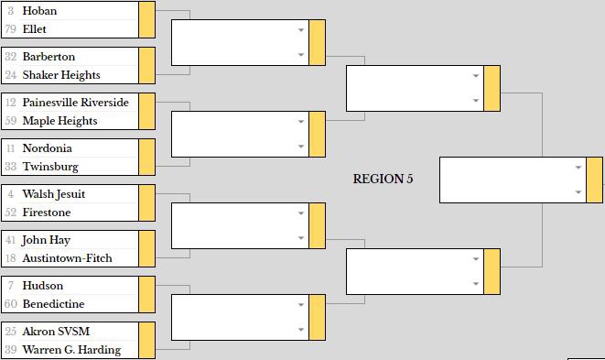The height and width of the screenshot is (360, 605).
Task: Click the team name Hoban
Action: click(39, 11)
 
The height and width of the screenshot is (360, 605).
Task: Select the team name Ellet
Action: click(35, 29)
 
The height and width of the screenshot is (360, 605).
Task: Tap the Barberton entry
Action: click(49, 57)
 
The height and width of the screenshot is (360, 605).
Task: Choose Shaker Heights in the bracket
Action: click(61, 75)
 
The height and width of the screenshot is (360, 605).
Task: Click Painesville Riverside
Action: click(75, 103)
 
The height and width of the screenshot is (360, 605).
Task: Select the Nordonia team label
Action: click(47, 148)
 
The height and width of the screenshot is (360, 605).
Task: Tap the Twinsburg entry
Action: click(50, 167)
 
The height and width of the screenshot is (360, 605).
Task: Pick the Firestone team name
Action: click(47, 213)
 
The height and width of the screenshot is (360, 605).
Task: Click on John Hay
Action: click(47, 240)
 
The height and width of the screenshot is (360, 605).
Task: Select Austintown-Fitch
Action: click(67, 258)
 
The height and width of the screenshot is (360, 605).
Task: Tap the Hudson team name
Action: click(42, 286)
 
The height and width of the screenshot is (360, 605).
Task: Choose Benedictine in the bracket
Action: click(53, 304)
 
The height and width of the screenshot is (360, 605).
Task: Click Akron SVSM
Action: click(56, 332)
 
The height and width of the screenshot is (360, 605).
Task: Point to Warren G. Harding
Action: click(71, 350)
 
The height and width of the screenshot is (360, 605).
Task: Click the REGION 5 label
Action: click(383, 179)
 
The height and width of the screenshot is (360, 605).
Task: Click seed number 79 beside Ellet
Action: click(10, 29)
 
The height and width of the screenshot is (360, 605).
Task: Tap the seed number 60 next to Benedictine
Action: click(10, 304)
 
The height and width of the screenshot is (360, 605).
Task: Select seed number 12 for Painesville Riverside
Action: click(10, 103)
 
